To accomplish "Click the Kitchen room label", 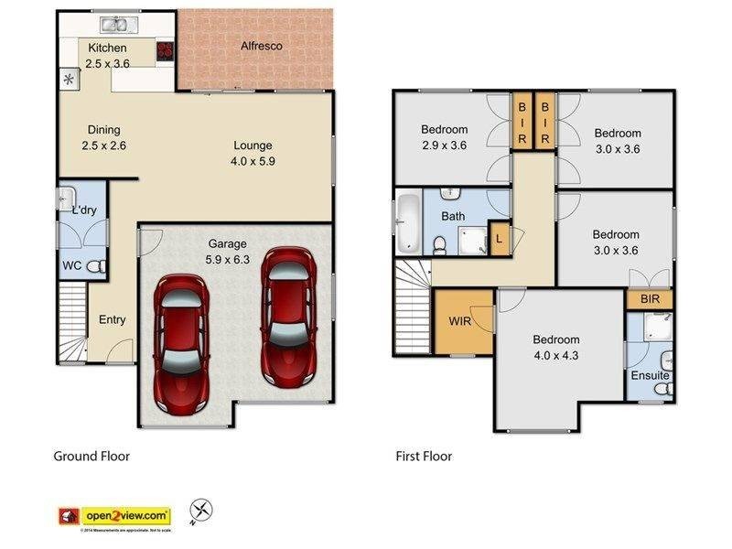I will pyautogui.click(x=107, y=48).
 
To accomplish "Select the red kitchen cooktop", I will pyautogui.click(x=165, y=51).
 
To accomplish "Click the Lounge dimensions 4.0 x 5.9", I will pyautogui.click(x=253, y=161).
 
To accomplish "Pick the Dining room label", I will pyautogui.click(x=103, y=130).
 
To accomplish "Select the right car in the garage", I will pyautogui.click(x=288, y=316).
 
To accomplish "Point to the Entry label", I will pyautogui.click(x=113, y=319).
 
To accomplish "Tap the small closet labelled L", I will pyautogui.click(x=499, y=239).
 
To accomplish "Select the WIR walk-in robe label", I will pyautogui.click(x=459, y=322).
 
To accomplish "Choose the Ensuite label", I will pyautogui.click(x=650, y=376).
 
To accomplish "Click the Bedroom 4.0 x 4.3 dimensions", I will pyautogui.click(x=556, y=355).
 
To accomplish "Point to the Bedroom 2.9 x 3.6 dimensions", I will pyautogui.click(x=444, y=145).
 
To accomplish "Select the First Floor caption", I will pyautogui.click(x=424, y=456).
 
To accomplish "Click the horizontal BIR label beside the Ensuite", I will pyautogui.click(x=651, y=299).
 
